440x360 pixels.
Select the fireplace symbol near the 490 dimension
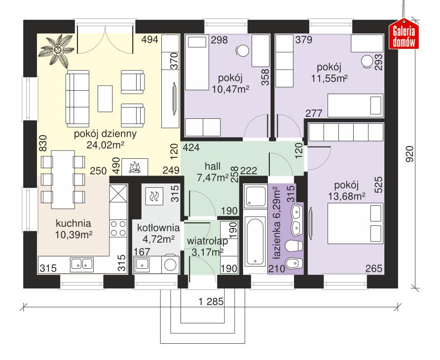coord(135,168)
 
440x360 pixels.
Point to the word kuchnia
coord(73,222)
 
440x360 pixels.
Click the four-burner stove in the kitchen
coord(118,227)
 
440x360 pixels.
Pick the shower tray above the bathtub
coord(255,197)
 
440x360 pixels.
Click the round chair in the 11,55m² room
coord(367,61)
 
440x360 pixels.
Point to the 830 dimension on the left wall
coord(43,144)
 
